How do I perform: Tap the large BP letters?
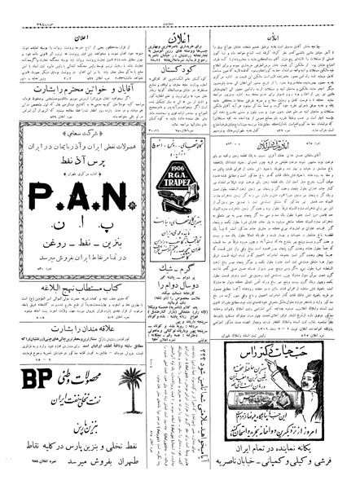pos(33,403)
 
